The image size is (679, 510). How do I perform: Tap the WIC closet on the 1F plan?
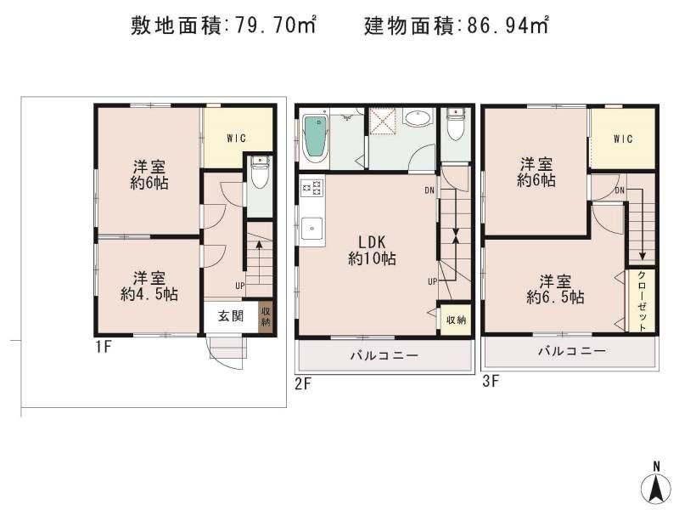click(237, 139)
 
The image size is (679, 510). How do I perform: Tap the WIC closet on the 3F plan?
click(623, 139)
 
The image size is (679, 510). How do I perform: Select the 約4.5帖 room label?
click(149, 286)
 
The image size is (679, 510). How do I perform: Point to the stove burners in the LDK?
click(309, 189)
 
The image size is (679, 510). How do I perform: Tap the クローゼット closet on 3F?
click(642, 301)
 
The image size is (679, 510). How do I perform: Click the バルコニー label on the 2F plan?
click(384, 356)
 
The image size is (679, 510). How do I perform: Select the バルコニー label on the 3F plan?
click(570, 351)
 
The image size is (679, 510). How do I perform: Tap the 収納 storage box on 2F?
click(455, 320)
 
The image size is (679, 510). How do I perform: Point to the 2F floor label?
click(304, 384)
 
